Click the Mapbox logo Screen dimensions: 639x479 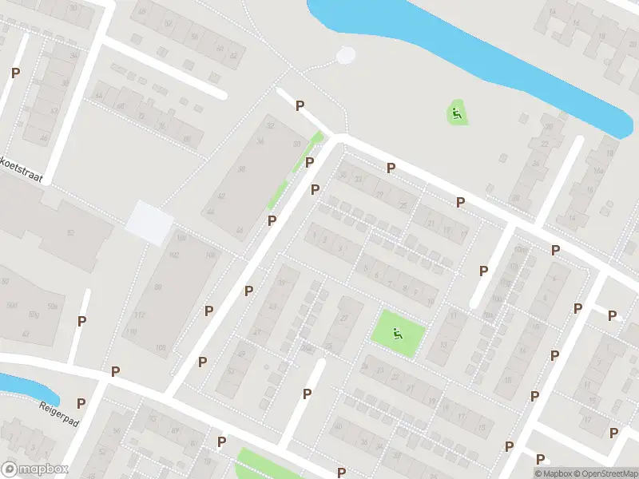(35, 469)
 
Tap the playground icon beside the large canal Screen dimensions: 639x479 (456, 113)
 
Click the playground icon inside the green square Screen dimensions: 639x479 (397, 332)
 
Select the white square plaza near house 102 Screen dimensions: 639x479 (149, 221)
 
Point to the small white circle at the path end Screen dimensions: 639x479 (346, 55)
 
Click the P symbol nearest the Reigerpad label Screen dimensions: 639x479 (81, 403)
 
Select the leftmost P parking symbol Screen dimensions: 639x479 (15, 73)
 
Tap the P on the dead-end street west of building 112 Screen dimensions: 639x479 (81, 321)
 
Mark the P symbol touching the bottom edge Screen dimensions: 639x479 (342, 473)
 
